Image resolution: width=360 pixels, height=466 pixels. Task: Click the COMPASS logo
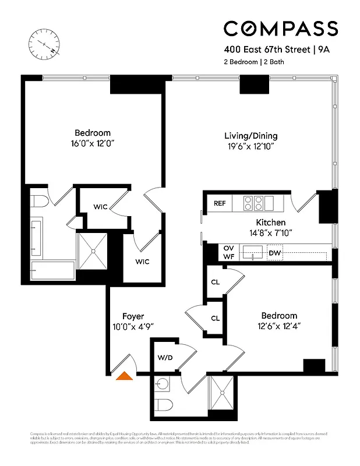coord(281,29)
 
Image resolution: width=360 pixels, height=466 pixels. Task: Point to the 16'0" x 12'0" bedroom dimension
coord(92,143)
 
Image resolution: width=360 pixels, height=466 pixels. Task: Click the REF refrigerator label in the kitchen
coord(220,203)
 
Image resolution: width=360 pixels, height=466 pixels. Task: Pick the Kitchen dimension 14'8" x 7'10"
coord(271,232)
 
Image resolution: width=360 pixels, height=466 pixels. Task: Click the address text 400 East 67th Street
coord(267,50)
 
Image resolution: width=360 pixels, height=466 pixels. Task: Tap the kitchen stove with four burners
coord(253,203)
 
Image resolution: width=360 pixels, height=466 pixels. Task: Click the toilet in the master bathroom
coord(39,202)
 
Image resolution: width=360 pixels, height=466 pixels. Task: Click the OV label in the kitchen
coord(228,248)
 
